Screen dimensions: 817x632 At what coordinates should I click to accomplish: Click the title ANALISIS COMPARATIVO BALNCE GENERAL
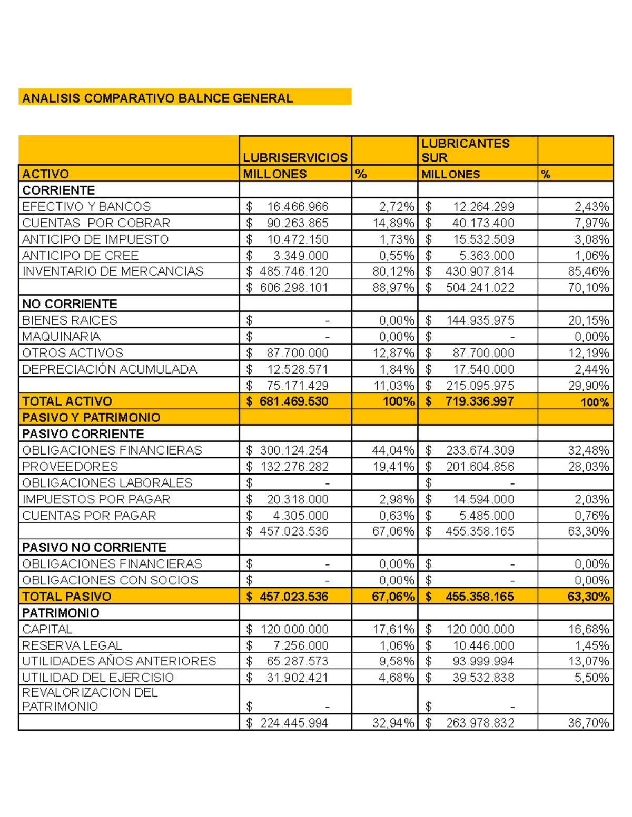click(x=157, y=98)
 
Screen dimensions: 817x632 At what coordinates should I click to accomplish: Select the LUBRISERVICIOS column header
click(x=295, y=157)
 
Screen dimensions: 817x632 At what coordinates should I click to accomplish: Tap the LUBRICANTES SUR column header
click(x=465, y=150)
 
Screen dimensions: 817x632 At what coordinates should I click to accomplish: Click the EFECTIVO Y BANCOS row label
click(x=86, y=207)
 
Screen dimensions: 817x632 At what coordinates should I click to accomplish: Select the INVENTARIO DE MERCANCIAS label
click(x=113, y=271)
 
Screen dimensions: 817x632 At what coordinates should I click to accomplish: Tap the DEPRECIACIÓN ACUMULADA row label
click(x=110, y=369)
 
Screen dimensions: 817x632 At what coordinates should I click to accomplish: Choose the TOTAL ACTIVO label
click(x=67, y=401)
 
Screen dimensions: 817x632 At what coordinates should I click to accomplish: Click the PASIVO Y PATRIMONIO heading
click(x=91, y=418)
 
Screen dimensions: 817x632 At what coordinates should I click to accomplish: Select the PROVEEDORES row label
click(x=70, y=467)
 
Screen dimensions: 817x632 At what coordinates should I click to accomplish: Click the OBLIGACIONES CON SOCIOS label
click(x=110, y=580)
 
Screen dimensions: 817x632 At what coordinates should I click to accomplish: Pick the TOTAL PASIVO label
click(x=67, y=597)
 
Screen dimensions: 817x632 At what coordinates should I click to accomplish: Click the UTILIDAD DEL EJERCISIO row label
click(x=98, y=678)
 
